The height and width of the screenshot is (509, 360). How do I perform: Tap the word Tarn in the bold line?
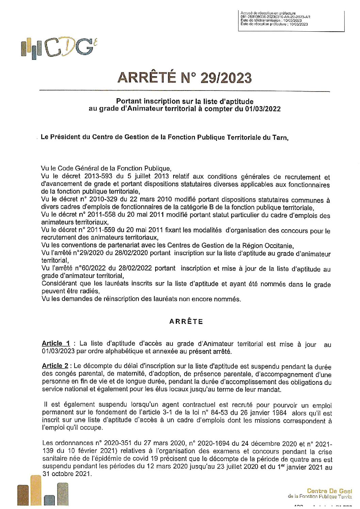click(280, 137)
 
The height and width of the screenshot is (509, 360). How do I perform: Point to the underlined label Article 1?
click(56, 343)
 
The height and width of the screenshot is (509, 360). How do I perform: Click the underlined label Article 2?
click(55, 366)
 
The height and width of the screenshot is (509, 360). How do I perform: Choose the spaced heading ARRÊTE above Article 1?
click(186, 322)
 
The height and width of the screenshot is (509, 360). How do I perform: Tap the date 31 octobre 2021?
click(67, 474)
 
